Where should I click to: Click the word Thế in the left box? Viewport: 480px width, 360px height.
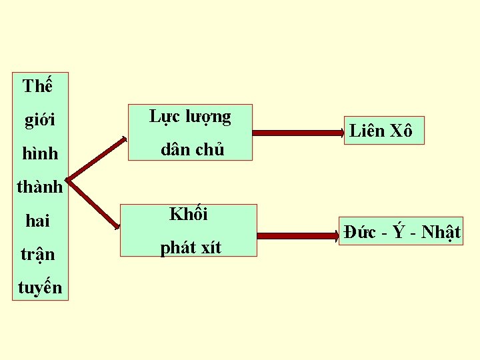37,87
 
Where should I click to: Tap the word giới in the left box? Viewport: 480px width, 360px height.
39,121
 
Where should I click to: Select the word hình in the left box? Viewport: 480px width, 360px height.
40,154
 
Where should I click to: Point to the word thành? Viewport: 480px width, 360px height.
39,187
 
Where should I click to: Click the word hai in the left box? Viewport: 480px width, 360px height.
37,221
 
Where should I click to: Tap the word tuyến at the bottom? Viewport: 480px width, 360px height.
40,287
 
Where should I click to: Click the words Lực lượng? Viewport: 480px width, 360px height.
190,118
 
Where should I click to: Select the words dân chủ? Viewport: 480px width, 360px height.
192,150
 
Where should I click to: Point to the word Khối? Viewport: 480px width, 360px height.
189,215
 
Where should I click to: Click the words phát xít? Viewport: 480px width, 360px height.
190,247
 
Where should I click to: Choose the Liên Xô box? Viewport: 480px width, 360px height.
381,131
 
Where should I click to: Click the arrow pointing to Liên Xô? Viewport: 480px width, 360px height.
297,133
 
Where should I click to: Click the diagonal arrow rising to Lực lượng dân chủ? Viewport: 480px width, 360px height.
97,157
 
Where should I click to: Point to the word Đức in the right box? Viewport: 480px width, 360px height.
360,233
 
